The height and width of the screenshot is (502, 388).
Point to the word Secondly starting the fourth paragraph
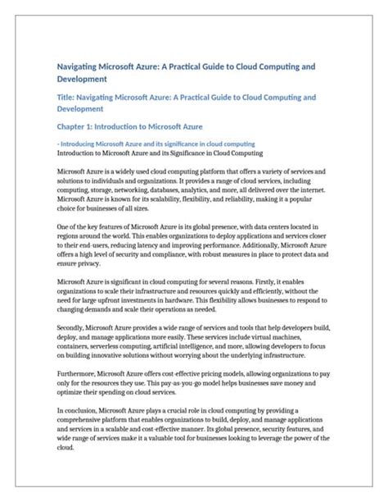click(73, 327)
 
